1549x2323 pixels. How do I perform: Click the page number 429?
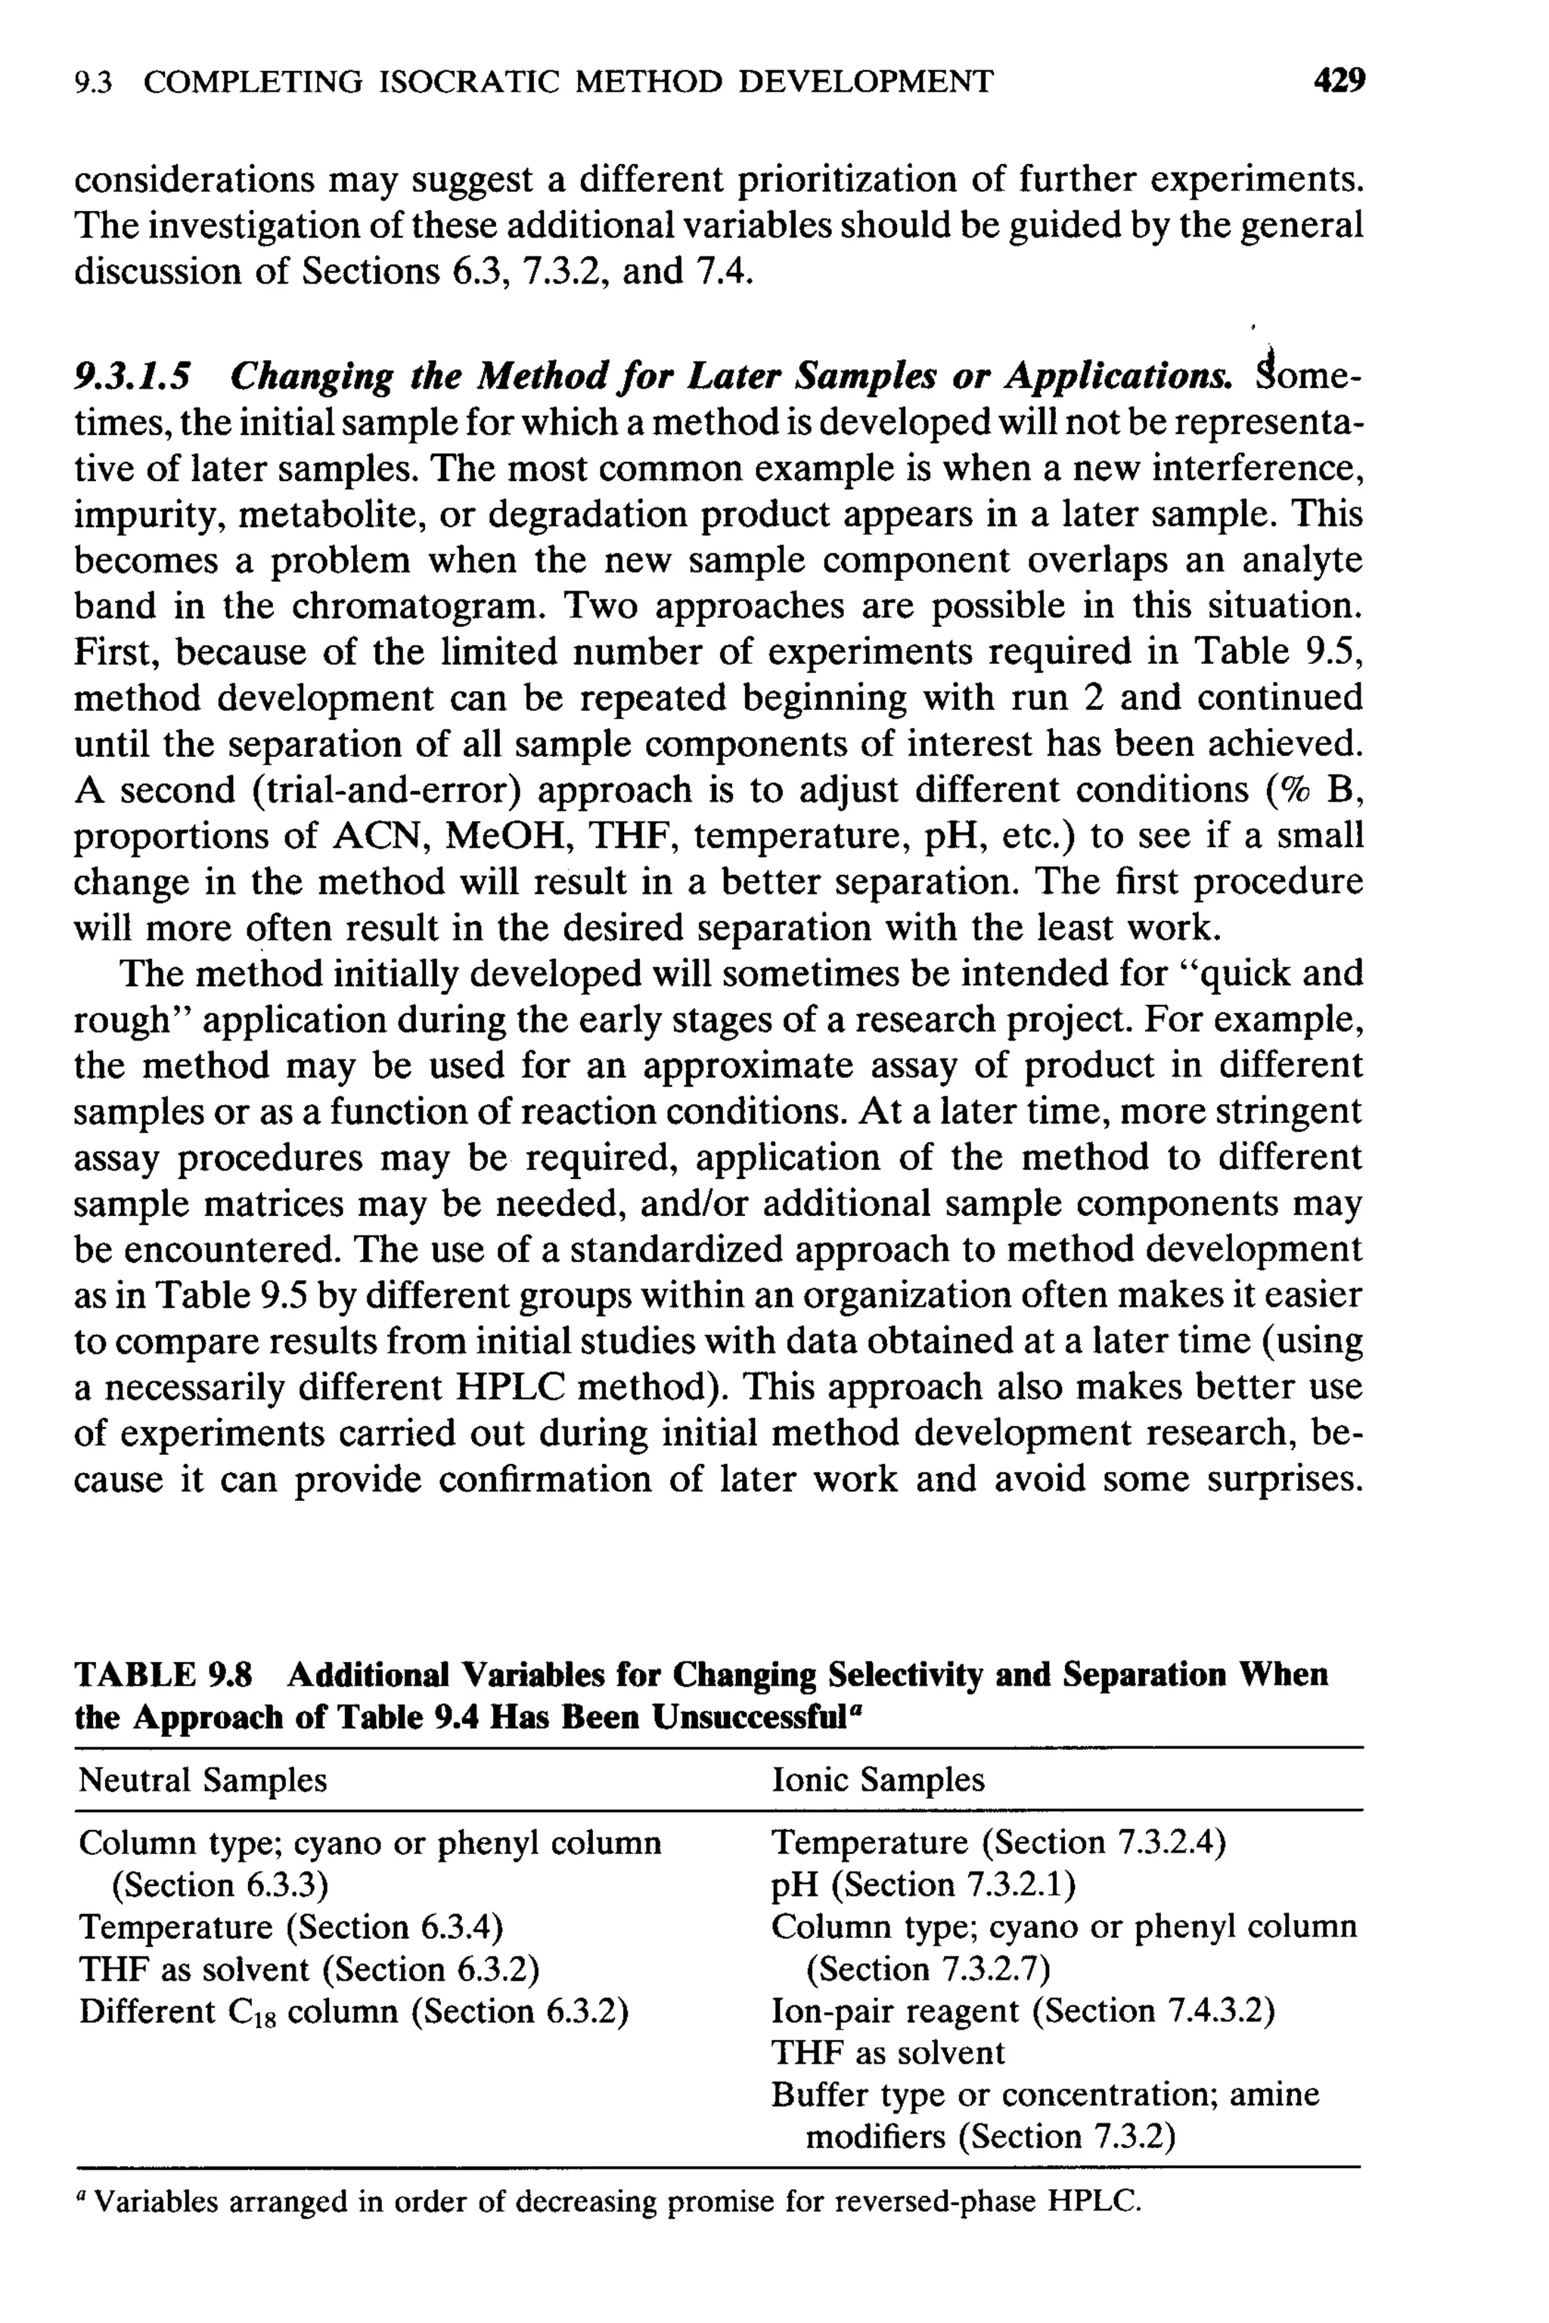(1339, 81)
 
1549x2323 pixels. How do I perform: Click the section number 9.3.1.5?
(133, 377)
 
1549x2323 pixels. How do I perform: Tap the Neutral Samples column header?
(203, 1780)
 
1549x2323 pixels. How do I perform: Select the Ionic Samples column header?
(877, 1780)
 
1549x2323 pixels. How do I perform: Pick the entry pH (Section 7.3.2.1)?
(923, 1884)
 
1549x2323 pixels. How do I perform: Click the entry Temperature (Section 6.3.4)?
(291, 1927)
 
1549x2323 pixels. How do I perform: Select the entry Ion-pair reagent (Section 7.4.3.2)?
(1023, 2011)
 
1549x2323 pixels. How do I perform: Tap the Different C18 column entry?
(354, 2011)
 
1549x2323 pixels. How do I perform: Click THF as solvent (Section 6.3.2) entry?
(309, 1969)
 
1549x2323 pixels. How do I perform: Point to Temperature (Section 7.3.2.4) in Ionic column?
(998, 1842)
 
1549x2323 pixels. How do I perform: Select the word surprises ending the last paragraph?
(1284, 1480)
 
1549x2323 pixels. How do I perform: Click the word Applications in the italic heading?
(1119, 377)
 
